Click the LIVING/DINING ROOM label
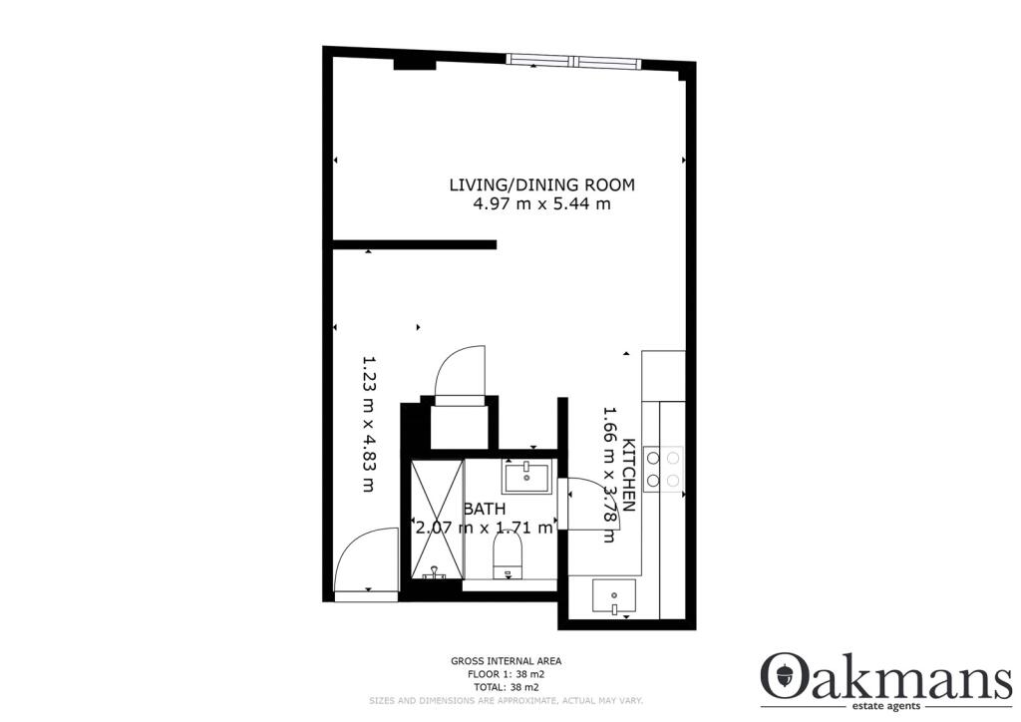click(541, 184)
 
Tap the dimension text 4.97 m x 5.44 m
click(541, 204)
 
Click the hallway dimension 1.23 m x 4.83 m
click(367, 424)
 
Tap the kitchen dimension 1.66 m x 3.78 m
click(608, 474)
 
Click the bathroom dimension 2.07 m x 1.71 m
click(484, 528)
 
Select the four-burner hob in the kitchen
click(663, 469)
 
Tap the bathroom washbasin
click(525, 478)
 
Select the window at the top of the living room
click(572, 61)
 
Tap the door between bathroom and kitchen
click(588, 505)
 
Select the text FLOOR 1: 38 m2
click(506, 674)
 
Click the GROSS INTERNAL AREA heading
click(506, 660)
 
